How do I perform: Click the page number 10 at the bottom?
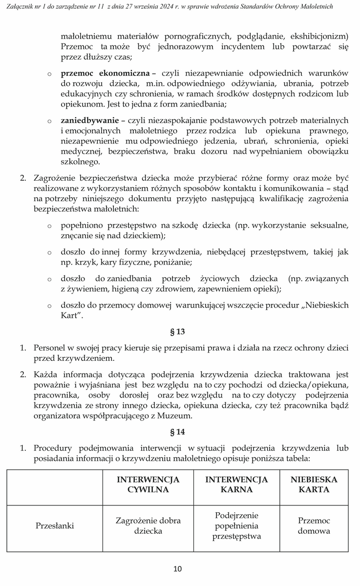[x=177, y=568]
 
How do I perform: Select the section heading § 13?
[x=177, y=332]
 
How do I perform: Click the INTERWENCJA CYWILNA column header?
[x=148, y=484]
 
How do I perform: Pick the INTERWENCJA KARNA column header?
[x=236, y=484]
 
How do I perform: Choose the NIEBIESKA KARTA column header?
[x=314, y=484]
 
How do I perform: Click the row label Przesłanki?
[x=54, y=526]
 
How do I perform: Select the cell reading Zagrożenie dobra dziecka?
[x=148, y=526]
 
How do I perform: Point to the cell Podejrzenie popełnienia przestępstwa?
[x=236, y=526]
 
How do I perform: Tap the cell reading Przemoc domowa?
[x=314, y=526]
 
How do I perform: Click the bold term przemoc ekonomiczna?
[x=105, y=73]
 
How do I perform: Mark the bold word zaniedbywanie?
[x=89, y=120]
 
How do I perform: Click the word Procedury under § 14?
[x=53, y=448]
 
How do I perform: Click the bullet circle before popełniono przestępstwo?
[x=49, y=226]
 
